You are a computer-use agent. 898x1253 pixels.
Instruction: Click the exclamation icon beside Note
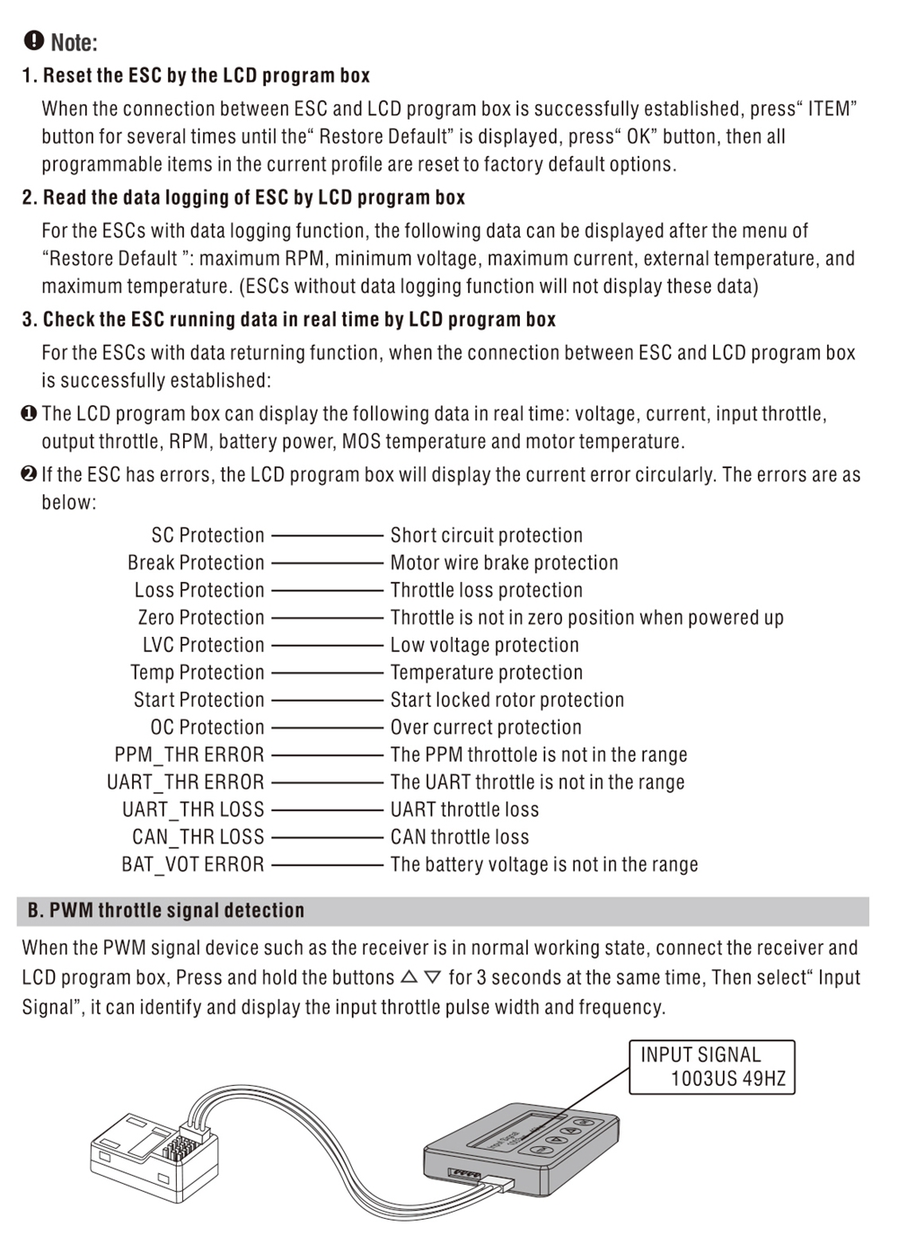tap(34, 40)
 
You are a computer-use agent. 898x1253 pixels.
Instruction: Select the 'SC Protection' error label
tap(207, 535)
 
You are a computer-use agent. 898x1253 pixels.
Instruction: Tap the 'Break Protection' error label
tap(196, 563)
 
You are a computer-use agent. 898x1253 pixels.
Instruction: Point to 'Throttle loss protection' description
tap(486, 590)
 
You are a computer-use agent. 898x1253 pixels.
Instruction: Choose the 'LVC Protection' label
tap(203, 645)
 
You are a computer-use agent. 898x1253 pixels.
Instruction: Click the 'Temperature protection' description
tap(486, 673)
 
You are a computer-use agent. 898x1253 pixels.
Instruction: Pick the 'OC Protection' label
tap(207, 728)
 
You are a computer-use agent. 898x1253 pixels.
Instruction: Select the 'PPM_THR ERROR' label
tap(189, 754)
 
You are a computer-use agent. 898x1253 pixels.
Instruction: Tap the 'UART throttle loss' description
tap(464, 809)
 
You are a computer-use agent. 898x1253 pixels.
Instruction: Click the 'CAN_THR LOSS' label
tap(198, 837)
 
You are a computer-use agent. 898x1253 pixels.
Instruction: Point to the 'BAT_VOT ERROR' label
tap(192, 864)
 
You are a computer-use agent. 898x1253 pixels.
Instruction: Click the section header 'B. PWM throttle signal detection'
tap(166, 911)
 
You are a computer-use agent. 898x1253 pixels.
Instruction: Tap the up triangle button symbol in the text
tap(409, 976)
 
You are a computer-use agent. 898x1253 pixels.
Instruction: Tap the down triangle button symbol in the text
tap(433, 976)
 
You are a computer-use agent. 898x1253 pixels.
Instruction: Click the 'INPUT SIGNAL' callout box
tap(712, 1066)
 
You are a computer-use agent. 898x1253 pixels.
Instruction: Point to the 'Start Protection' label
tap(198, 700)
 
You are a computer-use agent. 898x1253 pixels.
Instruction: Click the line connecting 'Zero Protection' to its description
tap(327, 618)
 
